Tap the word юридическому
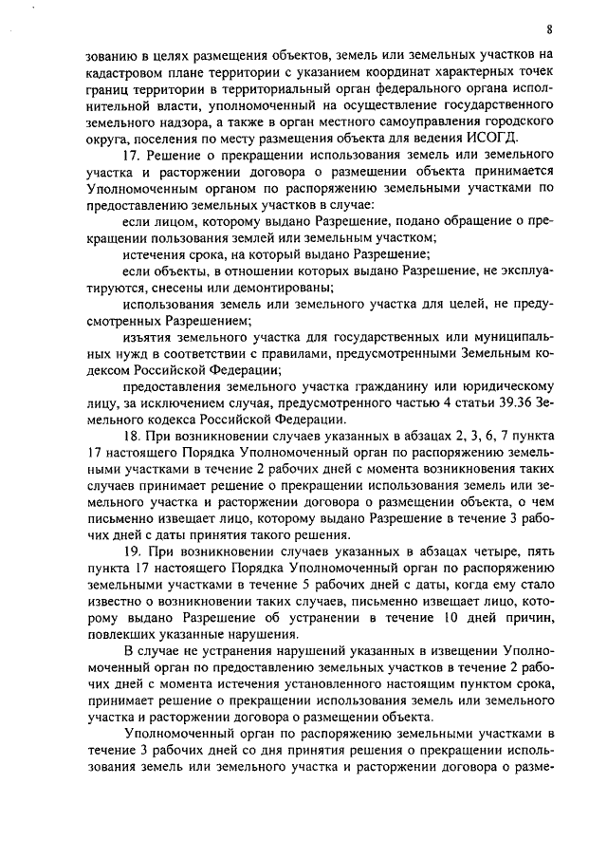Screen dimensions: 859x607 tap(502, 386)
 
